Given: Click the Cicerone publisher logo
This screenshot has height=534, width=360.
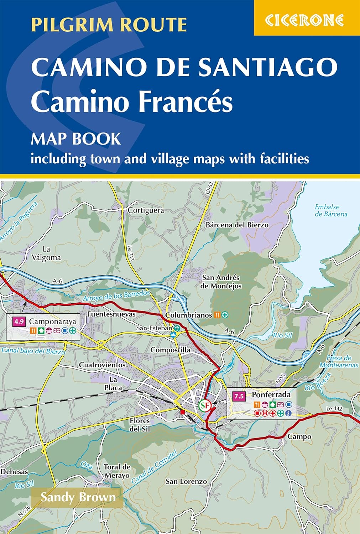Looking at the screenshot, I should pyautogui.click(x=304, y=20).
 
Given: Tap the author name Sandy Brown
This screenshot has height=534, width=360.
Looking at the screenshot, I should pyautogui.click(x=78, y=497).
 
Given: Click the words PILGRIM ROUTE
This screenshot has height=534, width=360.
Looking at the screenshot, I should pyautogui.click(x=109, y=25).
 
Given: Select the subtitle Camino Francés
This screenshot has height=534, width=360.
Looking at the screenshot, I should pyautogui.click(x=132, y=101).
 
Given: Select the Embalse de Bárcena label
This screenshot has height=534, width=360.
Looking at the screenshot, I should pyautogui.click(x=331, y=210).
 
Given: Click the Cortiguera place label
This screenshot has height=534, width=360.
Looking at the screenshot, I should pyautogui.click(x=146, y=210).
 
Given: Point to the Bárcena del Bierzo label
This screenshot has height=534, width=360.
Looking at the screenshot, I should pyautogui.click(x=237, y=225).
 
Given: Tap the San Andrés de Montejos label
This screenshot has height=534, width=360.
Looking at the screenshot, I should pyautogui.click(x=221, y=282).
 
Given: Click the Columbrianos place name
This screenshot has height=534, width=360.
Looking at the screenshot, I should pyautogui.click(x=189, y=315).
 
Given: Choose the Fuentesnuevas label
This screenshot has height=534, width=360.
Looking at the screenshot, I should pyautogui.click(x=111, y=314).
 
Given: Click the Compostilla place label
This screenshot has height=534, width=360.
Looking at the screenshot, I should pyautogui.click(x=170, y=350).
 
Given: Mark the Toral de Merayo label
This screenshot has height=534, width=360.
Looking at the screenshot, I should pyautogui.click(x=117, y=471).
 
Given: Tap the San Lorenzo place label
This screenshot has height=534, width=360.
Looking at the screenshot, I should pyautogui.click(x=186, y=482).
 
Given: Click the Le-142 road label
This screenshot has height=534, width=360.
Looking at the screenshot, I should pyautogui.click(x=334, y=409).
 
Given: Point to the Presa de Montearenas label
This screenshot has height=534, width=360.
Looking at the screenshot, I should pyautogui.click(x=339, y=362).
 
